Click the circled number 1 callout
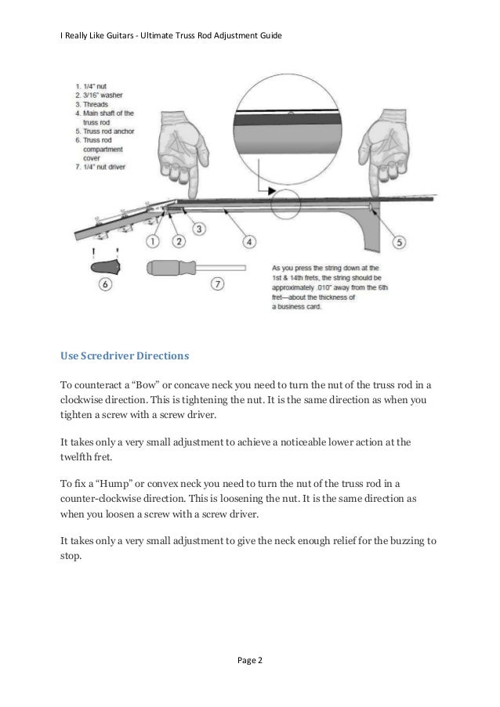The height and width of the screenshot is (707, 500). pyautogui.click(x=153, y=241)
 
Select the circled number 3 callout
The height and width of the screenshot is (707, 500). pyautogui.click(x=199, y=229)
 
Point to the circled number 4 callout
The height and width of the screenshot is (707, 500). pyautogui.click(x=248, y=242)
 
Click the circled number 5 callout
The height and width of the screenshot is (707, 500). pyautogui.click(x=398, y=242)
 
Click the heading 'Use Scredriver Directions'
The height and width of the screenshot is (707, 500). pyautogui.click(x=125, y=355)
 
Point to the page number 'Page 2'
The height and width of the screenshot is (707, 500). pyautogui.click(x=249, y=661)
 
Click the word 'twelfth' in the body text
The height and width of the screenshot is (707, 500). pyautogui.click(x=78, y=458)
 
